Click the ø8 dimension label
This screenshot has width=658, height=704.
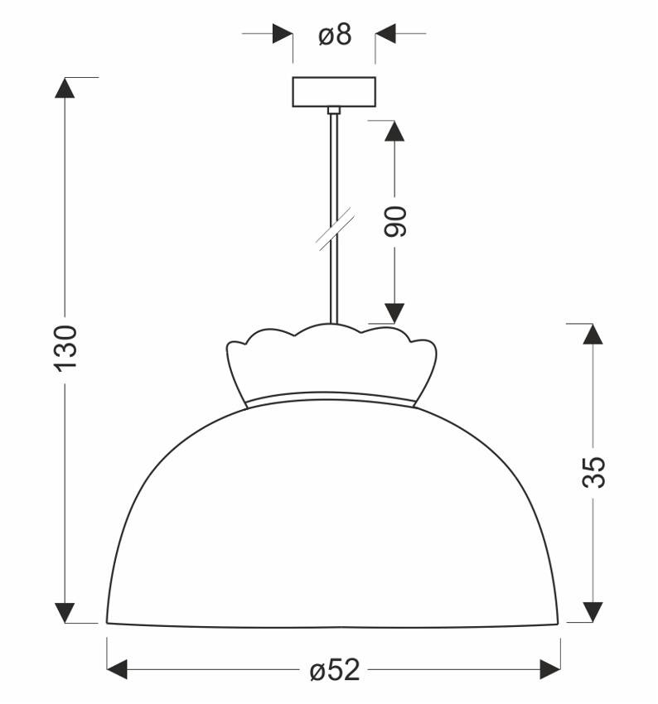(x=335, y=34)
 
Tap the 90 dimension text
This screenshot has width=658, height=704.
(x=396, y=221)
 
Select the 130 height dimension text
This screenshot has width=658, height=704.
(x=66, y=348)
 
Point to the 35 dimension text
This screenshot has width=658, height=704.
(x=593, y=472)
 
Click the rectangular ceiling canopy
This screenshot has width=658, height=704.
(x=334, y=91)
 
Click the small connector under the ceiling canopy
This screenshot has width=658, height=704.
(x=334, y=109)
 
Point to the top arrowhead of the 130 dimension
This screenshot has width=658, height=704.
(x=65, y=88)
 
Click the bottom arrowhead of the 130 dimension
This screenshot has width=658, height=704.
(x=65, y=612)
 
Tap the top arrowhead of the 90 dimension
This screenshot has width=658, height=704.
(x=395, y=130)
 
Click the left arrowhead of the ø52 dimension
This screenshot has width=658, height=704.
(x=119, y=668)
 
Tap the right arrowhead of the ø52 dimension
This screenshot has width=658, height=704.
(x=551, y=668)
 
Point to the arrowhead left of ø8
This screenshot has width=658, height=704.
(x=283, y=34)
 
